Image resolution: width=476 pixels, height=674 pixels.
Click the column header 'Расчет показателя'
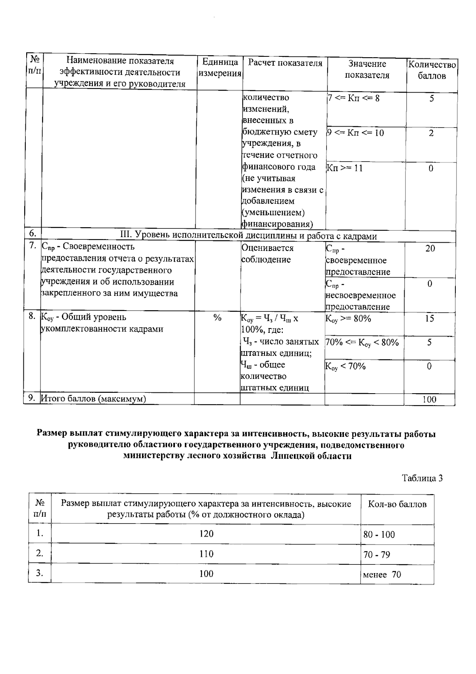(x=285, y=63)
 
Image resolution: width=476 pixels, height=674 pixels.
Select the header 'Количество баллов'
(x=432, y=70)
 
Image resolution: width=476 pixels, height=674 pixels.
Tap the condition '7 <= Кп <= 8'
(x=353, y=98)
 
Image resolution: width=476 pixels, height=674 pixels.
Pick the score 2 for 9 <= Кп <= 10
(x=431, y=133)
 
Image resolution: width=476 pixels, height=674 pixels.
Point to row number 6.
(x=33, y=233)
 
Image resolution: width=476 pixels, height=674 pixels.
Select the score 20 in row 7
(x=430, y=249)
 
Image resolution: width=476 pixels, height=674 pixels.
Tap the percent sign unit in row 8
(x=217, y=318)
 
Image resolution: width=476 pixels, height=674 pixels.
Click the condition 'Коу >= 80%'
(x=348, y=319)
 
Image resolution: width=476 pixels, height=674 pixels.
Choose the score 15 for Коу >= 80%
(x=430, y=319)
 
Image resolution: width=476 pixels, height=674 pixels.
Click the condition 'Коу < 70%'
(x=345, y=367)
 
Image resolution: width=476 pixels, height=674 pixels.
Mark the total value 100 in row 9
(x=429, y=400)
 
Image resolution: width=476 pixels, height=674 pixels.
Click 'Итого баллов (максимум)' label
(x=94, y=399)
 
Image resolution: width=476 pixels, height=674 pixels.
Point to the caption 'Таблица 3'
(x=422, y=478)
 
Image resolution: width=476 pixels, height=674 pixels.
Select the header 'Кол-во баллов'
(x=397, y=504)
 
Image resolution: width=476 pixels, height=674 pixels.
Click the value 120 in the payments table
(x=206, y=534)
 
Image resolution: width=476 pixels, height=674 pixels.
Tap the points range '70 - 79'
(x=376, y=554)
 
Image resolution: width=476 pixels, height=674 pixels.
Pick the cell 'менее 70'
(x=382, y=574)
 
